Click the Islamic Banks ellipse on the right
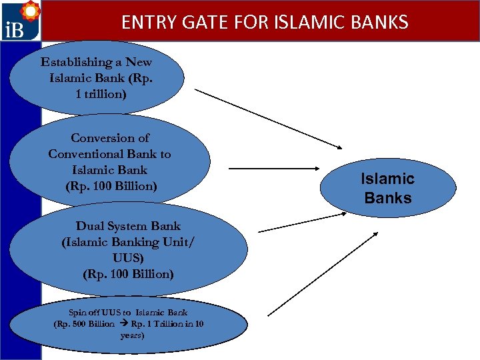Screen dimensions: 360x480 (387, 188)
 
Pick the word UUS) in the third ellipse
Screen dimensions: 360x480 (129, 258)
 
